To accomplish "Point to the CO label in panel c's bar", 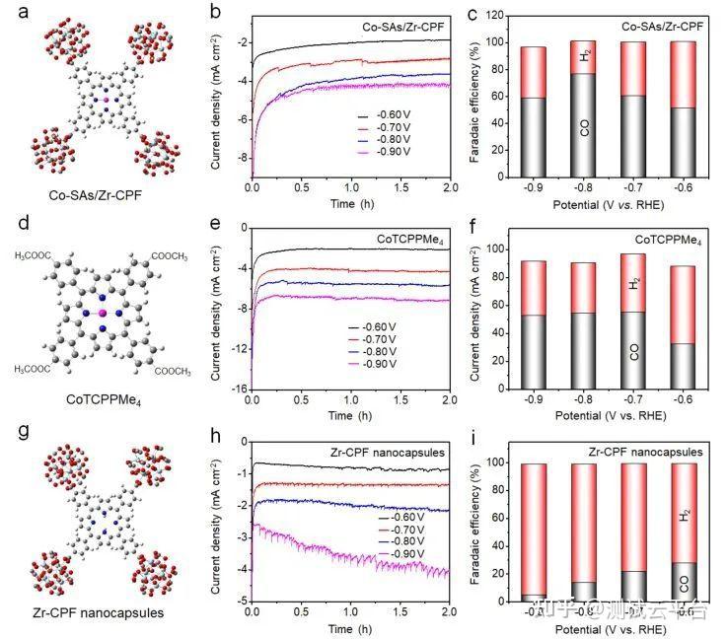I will pos(585,127).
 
